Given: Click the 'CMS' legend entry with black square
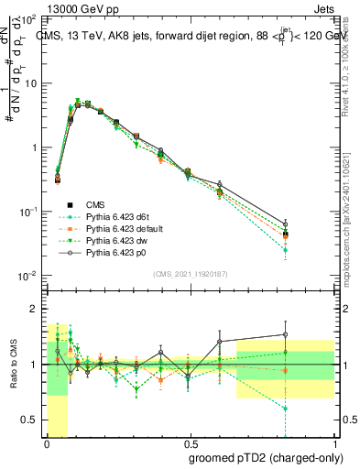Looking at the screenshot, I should (95, 202).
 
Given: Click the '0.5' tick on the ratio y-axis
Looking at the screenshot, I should (30, 420).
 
